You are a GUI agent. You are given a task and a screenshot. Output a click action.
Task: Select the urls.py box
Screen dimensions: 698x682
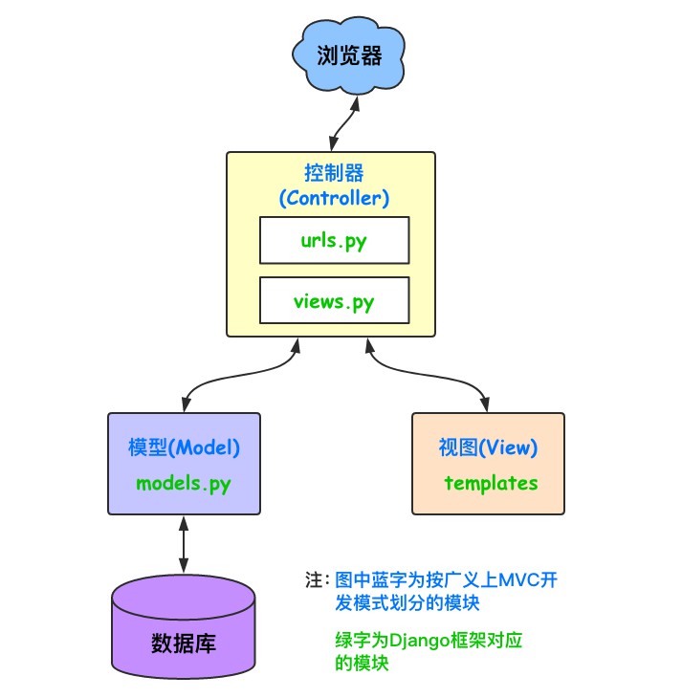click(x=334, y=240)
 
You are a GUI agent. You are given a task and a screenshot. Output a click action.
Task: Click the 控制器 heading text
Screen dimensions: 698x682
click(x=333, y=174)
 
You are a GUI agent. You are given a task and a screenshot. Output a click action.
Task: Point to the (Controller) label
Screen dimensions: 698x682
click(x=333, y=198)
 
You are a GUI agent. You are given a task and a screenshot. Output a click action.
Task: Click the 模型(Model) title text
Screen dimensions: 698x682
click(x=184, y=447)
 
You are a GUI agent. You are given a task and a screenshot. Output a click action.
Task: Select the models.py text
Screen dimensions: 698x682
click(x=184, y=482)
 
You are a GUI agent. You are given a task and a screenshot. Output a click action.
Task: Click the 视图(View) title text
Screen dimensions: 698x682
click(x=488, y=447)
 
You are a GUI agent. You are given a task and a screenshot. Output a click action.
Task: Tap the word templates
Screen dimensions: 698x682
click(x=491, y=482)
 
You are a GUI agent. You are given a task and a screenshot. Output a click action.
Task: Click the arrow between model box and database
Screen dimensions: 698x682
click(x=184, y=542)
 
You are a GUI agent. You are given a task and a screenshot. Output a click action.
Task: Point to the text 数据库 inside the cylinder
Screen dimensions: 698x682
click(x=184, y=643)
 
